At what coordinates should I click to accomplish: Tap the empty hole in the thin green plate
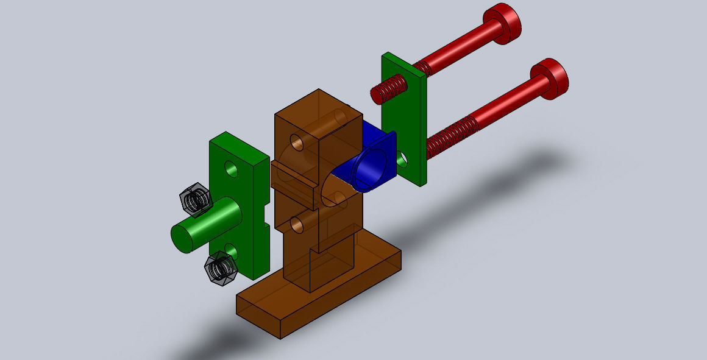[x=402, y=159]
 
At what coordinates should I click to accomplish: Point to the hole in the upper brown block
[x=297, y=143]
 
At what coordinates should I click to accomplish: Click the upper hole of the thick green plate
[x=231, y=168]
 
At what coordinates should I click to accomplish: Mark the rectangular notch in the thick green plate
[x=264, y=216]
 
